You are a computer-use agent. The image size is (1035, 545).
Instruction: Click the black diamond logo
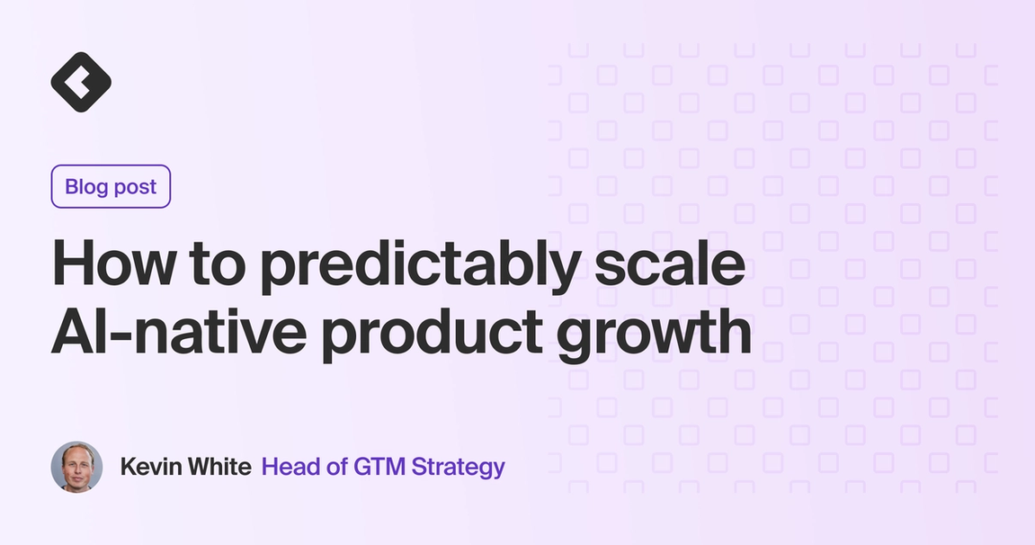pyautogui.click(x=81, y=82)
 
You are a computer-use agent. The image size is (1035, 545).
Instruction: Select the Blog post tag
pyautogui.click(x=111, y=187)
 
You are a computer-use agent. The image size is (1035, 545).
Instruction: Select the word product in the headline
pyautogui.click(x=431, y=335)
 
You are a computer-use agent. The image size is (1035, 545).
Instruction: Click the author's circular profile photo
pyautogui.click(x=77, y=467)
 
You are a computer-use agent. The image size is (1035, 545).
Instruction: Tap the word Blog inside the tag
pyautogui.click(x=86, y=187)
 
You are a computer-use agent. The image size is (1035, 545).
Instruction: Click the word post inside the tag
pyautogui.click(x=135, y=188)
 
